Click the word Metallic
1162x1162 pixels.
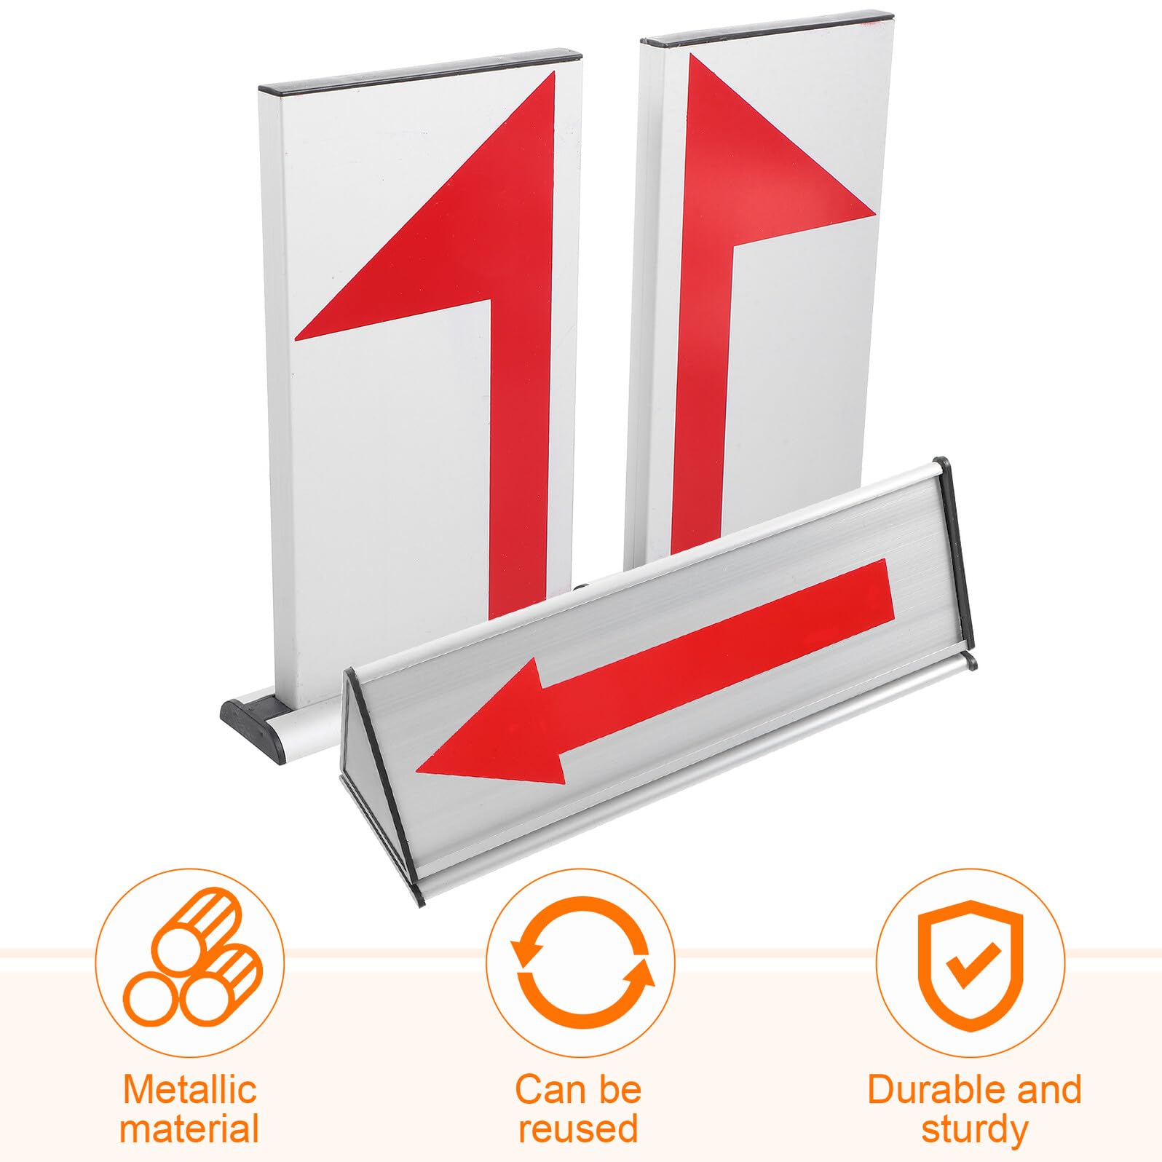point(190,1090)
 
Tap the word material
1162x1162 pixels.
point(189,1129)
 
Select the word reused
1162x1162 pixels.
point(578,1129)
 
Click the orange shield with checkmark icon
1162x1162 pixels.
point(970,963)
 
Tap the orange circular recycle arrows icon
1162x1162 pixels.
point(582,963)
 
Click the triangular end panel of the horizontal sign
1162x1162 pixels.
point(379,786)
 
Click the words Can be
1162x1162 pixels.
point(578,1090)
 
